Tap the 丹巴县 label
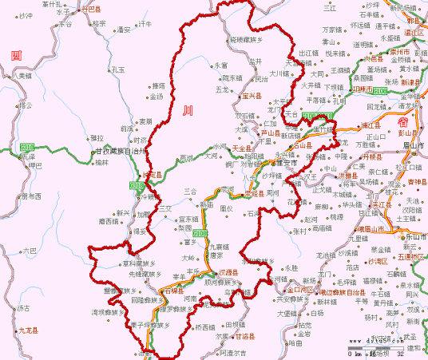[x=93, y=9]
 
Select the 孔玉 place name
[x=118, y=69]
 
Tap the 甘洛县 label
[x=238, y=338]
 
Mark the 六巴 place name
[x=30, y=251]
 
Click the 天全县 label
[x=242, y=148]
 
